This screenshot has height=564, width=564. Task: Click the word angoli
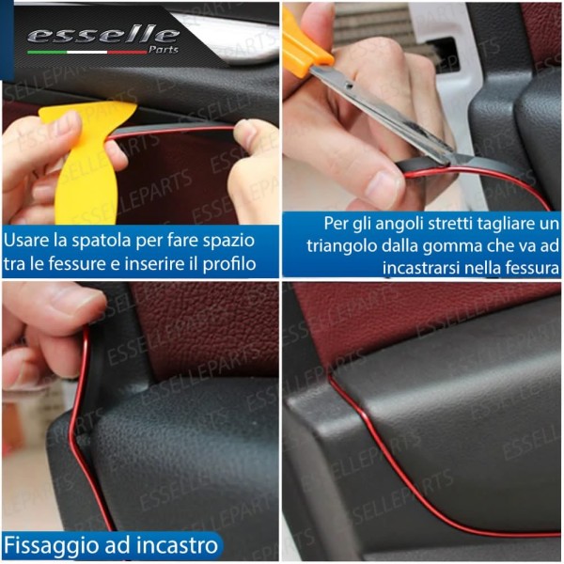click(x=396, y=225)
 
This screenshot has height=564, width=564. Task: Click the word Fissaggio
click(x=44, y=545)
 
